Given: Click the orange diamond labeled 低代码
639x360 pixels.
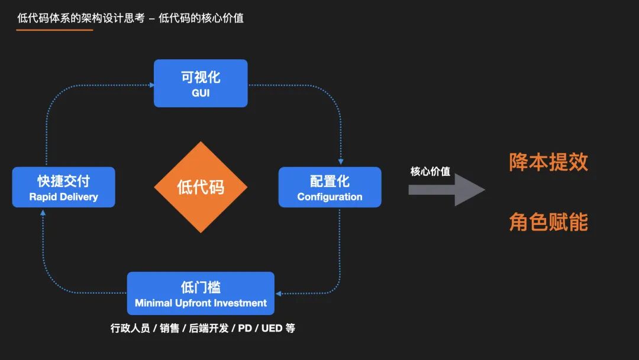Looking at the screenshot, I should point(201,187).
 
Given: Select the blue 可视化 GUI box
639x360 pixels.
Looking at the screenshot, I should point(201,83).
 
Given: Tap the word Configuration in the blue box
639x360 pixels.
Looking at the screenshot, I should point(330,197).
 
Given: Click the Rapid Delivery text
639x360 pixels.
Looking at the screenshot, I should point(63,197).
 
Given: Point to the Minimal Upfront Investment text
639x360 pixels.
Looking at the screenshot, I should point(201,303).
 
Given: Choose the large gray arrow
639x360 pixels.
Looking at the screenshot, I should point(447,190).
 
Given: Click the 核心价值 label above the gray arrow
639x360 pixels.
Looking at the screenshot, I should point(430,172).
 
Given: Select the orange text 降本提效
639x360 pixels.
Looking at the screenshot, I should point(548,162).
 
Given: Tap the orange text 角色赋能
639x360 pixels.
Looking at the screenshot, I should point(548,222).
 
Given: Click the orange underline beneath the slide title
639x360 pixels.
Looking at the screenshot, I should point(54,30).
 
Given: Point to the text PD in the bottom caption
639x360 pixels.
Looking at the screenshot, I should point(245,328).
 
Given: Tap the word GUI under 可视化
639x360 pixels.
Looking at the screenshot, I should point(201,93).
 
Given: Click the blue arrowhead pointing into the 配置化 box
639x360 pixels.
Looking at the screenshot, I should point(340,162).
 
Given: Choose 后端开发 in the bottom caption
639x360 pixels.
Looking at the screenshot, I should point(209,328).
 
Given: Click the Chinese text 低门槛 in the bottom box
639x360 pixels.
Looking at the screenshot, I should point(201,288).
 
